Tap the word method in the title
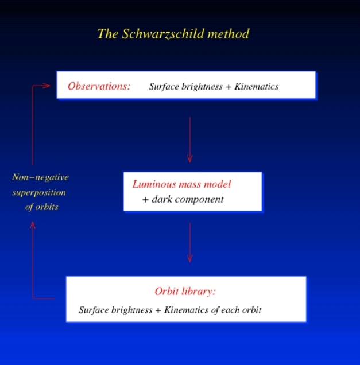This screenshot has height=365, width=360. click(x=229, y=34)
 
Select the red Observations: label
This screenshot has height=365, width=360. click(x=99, y=86)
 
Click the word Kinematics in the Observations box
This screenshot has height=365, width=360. click(x=257, y=86)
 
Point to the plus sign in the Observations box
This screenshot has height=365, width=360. click(x=229, y=87)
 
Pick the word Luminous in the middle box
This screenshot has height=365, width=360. click(x=154, y=184)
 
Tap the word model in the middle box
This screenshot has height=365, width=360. click(x=217, y=184)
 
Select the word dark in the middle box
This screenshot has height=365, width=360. click(x=162, y=199)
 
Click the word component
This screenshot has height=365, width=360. click(x=199, y=200)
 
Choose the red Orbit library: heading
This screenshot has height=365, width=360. click(x=185, y=291)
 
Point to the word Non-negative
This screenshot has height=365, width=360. click(x=40, y=177)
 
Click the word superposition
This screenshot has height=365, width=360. click(x=39, y=193)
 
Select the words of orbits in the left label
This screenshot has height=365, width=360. click(x=42, y=207)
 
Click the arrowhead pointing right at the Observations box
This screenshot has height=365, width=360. click(x=47, y=86)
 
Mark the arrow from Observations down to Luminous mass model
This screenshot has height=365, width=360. click(x=190, y=140)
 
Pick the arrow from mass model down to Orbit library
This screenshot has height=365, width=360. click(x=190, y=242)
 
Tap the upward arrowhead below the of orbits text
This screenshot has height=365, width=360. click(x=33, y=225)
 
